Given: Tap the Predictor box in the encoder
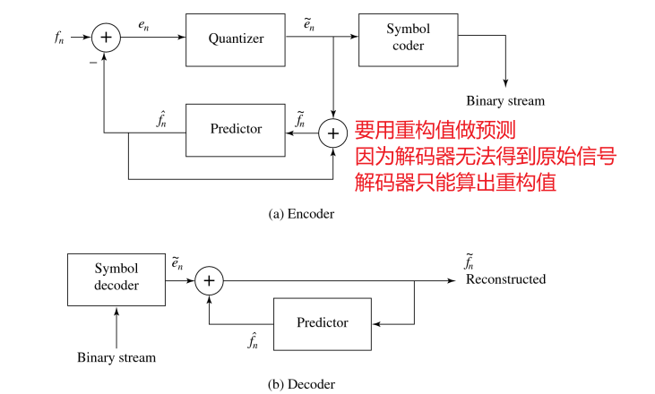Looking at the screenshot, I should tap(236, 129).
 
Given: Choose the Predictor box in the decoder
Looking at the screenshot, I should tap(322, 323).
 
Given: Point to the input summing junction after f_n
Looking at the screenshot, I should tap(106, 37).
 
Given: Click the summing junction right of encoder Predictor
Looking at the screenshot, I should tap(333, 133).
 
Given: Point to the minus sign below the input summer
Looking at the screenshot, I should tap(93, 64).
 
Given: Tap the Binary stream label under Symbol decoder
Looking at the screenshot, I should tap(116, 357).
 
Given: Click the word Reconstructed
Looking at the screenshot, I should tap(505, 279).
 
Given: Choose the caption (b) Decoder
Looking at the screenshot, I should tap(301, 384).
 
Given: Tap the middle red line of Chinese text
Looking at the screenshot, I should tap(486, 156).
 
